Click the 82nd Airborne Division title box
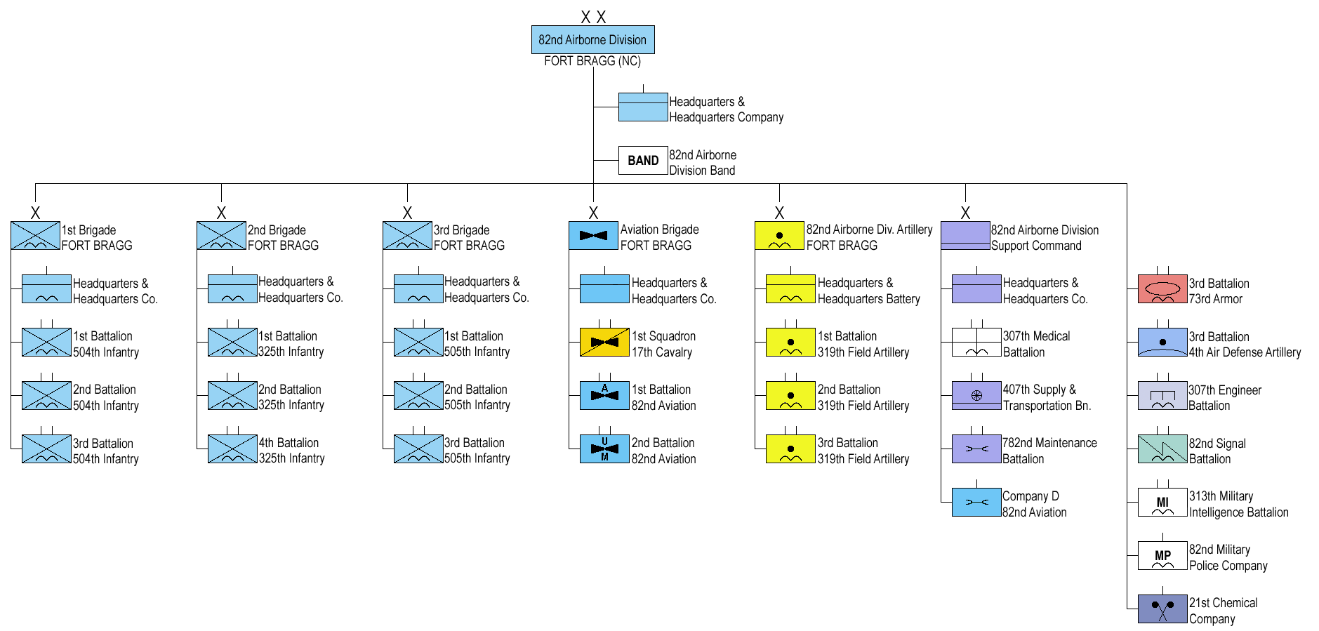[x=592, y=40]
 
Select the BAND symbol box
[x=642, y=161]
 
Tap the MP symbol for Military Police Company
[x=1162, y=555]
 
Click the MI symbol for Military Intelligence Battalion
[x=1162, y=502]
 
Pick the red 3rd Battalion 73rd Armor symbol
[x=1162, y=289]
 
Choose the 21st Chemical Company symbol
[x=1162, y=609]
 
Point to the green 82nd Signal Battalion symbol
[x=1162, y=449]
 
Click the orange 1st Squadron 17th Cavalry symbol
[x=604, y=343]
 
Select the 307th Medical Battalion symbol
[x=976, y=343]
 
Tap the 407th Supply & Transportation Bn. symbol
[x=976, y=396]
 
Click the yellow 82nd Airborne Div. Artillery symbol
[x=779, y=236]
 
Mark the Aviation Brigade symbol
[x=593, y=236]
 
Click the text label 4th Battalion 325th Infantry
[x=291, y=451]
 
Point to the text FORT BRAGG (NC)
[x=592, y=61]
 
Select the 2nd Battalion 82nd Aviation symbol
[x=604, y=449]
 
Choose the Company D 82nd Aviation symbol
[x=976, y=503]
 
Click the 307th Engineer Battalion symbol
[x=1162, y=396]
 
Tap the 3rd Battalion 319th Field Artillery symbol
[x=790, y=449]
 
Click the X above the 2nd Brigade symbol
[x=221, y=213]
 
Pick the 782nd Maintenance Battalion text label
[x=1049, y=451]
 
